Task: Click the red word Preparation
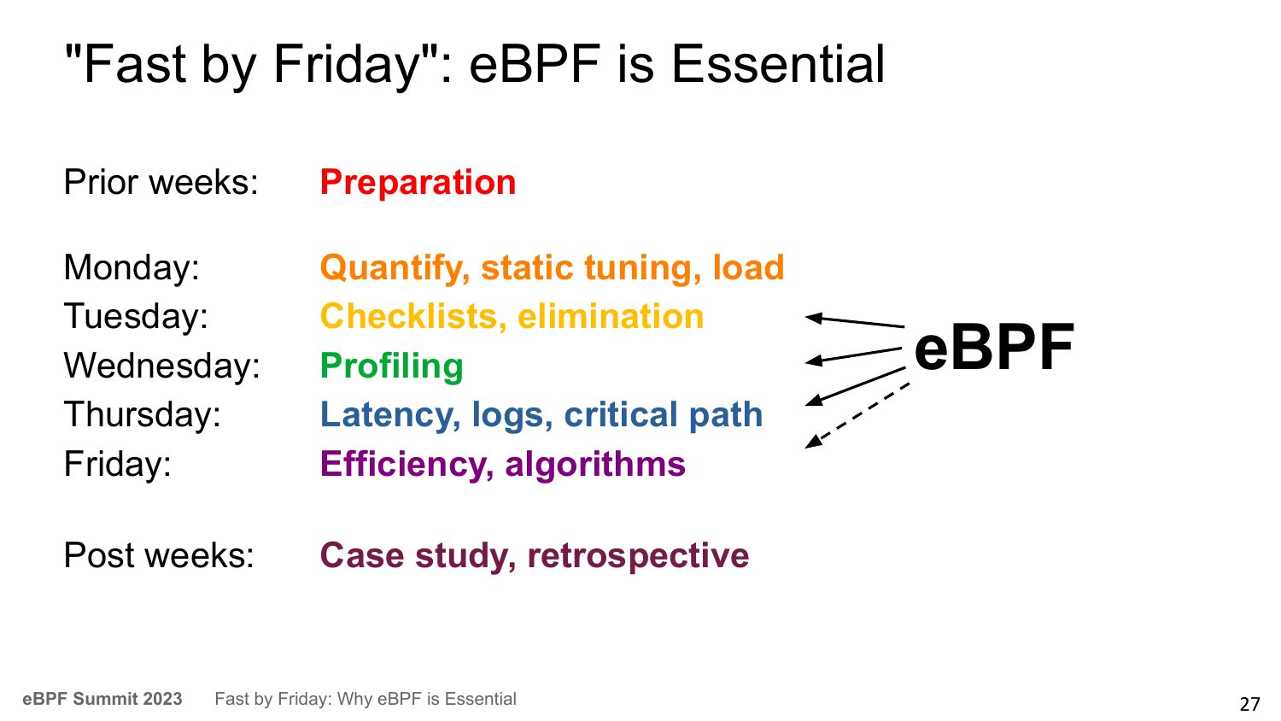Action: point(418,183)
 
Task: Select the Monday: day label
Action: point(132,267)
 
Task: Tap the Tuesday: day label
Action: point(136,316)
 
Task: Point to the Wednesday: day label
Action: point(162,365)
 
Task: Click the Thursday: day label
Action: point(143,414)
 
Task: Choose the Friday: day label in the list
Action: point(117,464)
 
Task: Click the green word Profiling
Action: point(392,366)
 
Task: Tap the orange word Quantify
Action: point(395,268)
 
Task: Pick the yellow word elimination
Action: point(611,316)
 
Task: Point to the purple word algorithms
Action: point(595,464)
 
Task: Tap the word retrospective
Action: point(638,556)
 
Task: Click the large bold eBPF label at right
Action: point(995,347)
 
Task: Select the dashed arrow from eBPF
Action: point(857,415)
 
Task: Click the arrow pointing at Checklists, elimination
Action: point(855,321)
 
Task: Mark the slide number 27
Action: point(1249,703)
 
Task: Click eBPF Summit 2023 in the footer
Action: point(102,699)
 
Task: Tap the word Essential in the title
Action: point(778,65)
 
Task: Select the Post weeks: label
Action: point(159,555)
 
